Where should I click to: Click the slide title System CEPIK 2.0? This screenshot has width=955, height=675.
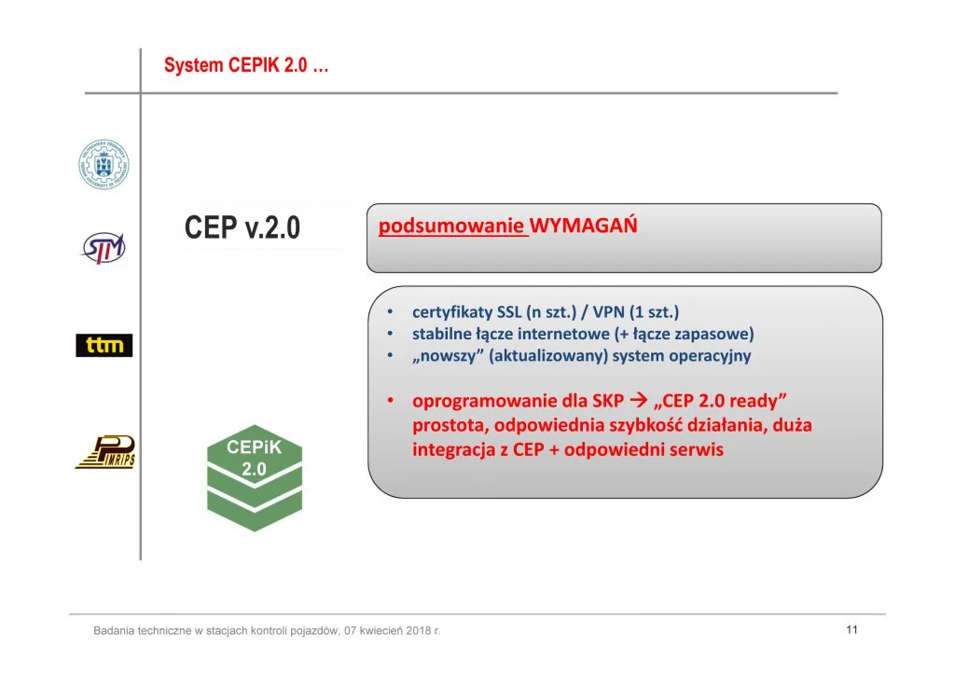click(246, 65)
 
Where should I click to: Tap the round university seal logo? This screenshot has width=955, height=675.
click(104, 164)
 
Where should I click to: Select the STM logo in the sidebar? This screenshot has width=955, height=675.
click(104, 248)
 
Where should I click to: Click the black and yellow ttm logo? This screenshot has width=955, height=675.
click(104, 345)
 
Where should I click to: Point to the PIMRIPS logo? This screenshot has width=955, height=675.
click(104, 451)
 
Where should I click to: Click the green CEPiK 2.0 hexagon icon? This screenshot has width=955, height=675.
click(255, 477)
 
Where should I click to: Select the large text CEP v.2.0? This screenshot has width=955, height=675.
click(242, 227)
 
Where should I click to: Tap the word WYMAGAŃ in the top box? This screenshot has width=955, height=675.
click(584, 225)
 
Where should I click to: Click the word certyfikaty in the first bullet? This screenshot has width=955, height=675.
click(452, 312)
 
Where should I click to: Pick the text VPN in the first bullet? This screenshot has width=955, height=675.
click(608, 311)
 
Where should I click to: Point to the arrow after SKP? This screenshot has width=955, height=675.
click(638, 400)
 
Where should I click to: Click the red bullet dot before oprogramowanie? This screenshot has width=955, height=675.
click(391, 401)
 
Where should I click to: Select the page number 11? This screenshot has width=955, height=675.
click(852, 629)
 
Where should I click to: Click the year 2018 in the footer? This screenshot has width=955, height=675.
click(418, 630)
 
